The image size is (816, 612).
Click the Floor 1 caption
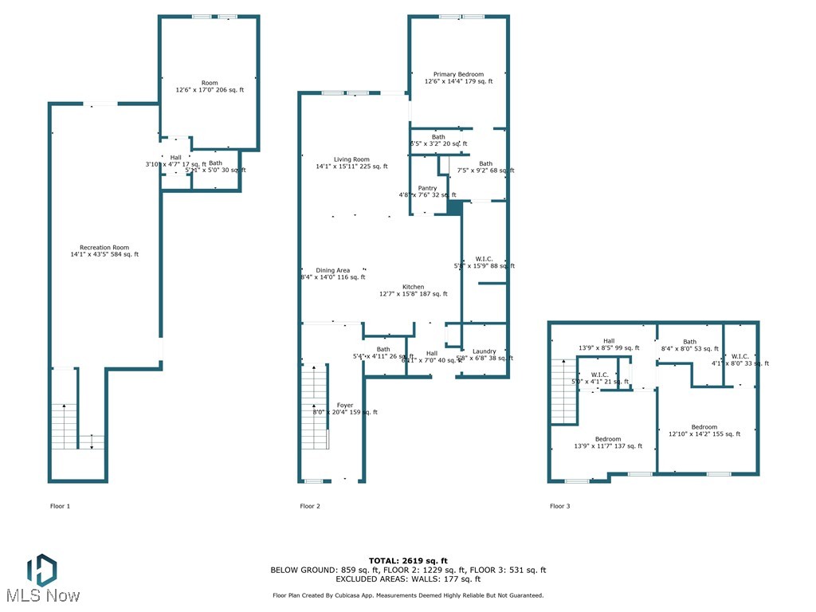(61, 506)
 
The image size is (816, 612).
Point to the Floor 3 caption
(559, 506)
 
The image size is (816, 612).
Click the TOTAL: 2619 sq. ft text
(408, 560)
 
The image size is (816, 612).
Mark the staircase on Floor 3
(563, 390)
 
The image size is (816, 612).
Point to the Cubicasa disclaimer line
(408, 595)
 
